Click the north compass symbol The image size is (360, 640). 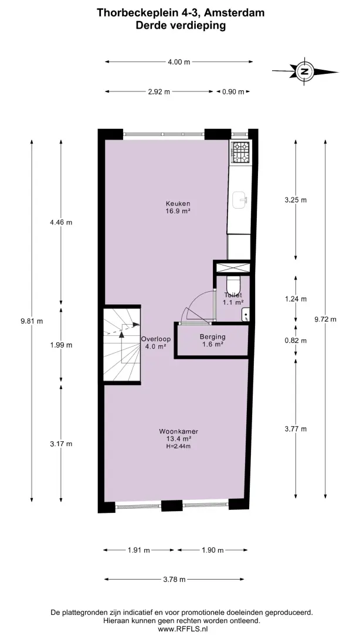(305, 72)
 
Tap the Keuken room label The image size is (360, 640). (178, 203)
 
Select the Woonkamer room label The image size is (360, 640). (178, 431)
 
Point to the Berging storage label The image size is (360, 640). (212, 337)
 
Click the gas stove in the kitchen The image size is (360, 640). (240, 152)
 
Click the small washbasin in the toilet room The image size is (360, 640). (246, 314)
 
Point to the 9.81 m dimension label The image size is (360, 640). (32, 321)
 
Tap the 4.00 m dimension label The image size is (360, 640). (179, 62)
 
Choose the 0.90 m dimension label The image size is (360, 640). (233, 92)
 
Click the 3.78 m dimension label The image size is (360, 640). (174, 579)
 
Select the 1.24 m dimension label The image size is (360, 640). (296, 299)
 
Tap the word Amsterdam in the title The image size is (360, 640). (234, 13)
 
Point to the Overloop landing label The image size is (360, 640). (156, 339)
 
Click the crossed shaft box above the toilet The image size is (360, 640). (233, 268)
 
